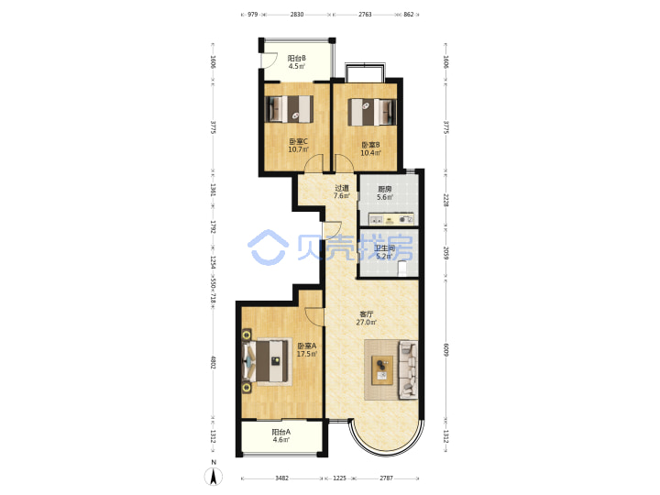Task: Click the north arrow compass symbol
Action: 214,476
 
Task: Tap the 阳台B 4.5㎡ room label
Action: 296,62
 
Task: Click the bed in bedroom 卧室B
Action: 371,112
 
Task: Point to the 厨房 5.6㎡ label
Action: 385,193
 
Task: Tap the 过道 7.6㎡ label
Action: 341,192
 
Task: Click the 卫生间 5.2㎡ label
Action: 385,252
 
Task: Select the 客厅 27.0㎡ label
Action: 366,318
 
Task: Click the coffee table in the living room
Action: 382,370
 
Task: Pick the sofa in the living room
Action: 408,369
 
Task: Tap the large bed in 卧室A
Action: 267,361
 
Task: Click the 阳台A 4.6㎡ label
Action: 280,435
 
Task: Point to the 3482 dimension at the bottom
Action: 281,478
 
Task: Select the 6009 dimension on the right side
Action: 445,350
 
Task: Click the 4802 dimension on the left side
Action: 213,363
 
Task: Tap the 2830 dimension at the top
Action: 297,15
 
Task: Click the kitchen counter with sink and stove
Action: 391,219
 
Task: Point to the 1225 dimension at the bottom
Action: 340,478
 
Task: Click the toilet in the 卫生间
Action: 402,268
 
